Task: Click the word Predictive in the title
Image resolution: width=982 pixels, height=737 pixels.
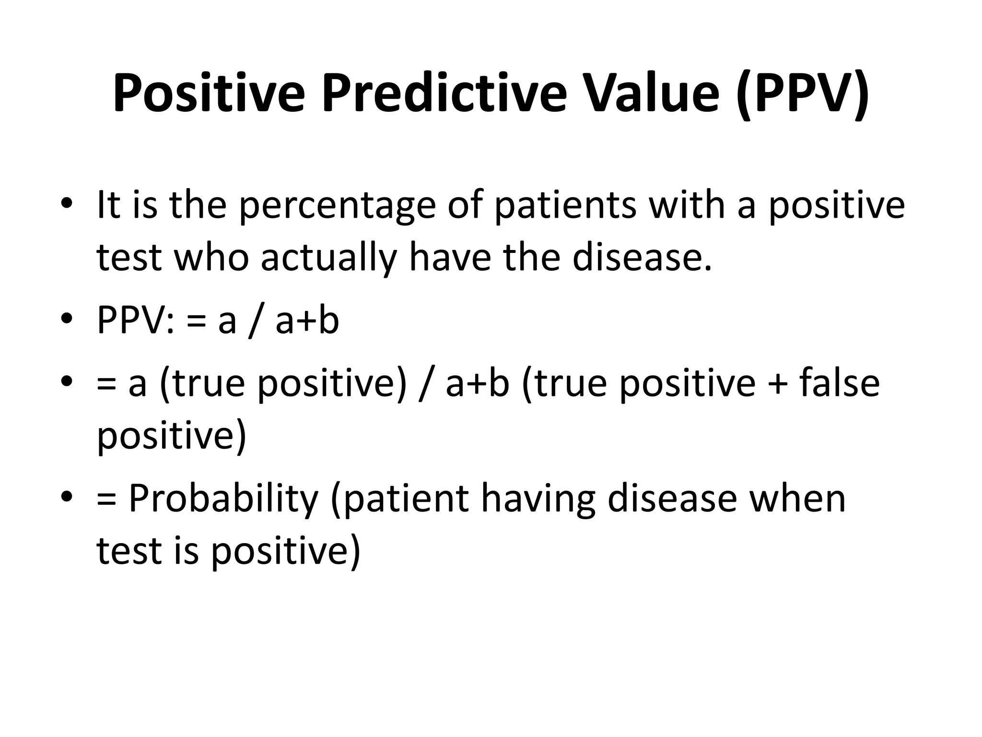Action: pyautogui.click(x=444, y=94)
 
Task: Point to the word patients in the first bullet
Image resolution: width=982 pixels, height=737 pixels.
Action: pyautogui.click(x=565, y=205)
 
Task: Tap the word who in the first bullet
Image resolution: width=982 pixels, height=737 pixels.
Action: pyautogui.click(x=211, y=258)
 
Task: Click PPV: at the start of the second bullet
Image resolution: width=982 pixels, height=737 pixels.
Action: pyautogui.click(x=136, y=321)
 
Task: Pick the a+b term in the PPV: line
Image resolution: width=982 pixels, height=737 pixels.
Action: pyautogui.click(x=307, y=321)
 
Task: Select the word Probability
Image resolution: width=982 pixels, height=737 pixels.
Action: pyautogui.click(x=223, y=499)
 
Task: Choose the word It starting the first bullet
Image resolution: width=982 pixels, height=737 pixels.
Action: pyautogui.click(x=107, y=205)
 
